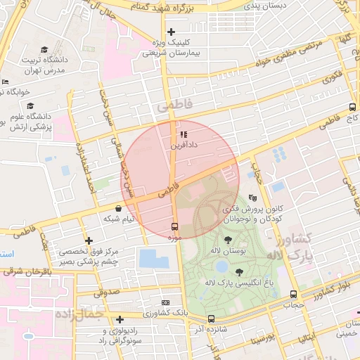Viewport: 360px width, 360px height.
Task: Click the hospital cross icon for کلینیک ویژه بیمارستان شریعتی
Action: [171, 32]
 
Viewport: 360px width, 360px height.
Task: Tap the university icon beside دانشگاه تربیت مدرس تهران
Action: [44, 50]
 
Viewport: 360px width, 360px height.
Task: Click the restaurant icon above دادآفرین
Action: [184, 134]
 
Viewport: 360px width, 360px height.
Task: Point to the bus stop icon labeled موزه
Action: [174, 226]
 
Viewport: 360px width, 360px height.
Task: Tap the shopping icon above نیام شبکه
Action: [117, 208]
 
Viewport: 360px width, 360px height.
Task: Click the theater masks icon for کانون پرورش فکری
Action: [253, 199]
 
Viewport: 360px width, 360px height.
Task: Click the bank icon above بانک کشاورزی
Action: [165, 301]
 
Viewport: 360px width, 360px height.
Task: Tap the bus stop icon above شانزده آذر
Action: [212, 319]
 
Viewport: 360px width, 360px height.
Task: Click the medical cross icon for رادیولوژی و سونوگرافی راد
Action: [120, 319]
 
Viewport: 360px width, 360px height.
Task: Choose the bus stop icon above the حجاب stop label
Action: [293, 295]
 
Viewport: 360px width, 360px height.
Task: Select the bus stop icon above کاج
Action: [352, 108]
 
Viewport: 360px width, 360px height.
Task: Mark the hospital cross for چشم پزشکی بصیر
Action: [89, 240]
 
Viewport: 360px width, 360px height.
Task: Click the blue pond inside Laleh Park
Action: [222, 266]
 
